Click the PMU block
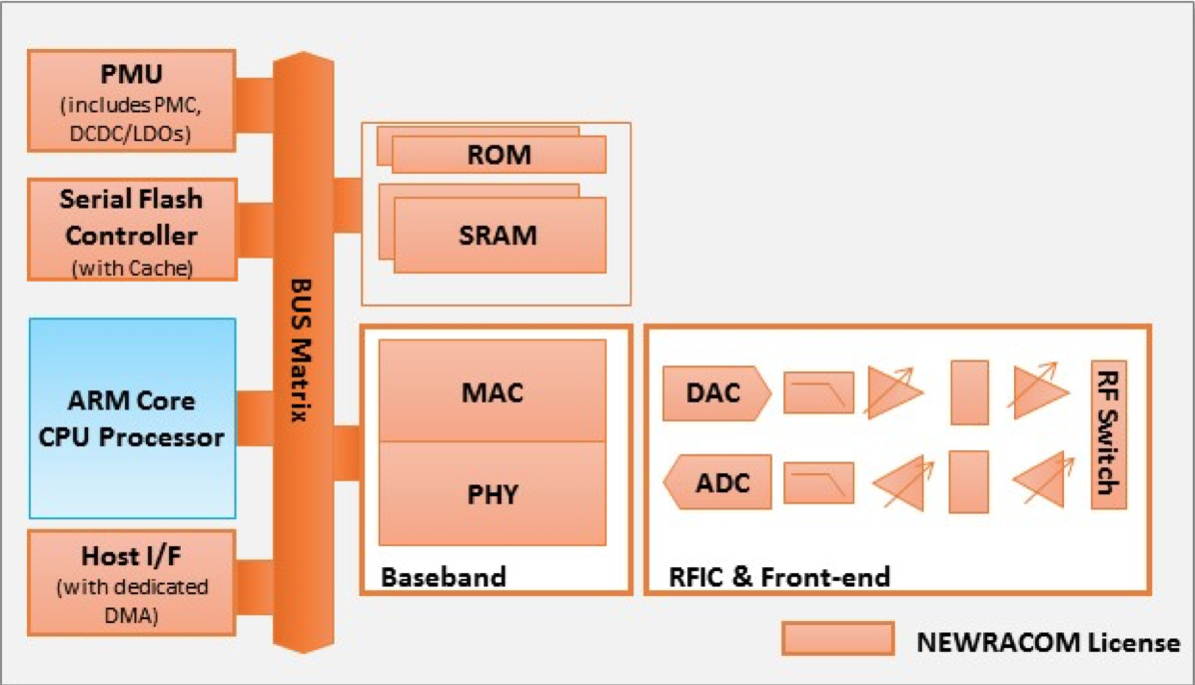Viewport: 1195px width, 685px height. click(132, 100)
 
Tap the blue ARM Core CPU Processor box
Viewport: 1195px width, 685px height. click(132, 417)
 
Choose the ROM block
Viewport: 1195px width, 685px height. click(499, 156)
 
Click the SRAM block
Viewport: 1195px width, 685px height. click(500, 235)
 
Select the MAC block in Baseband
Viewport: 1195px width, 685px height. click(493, 391)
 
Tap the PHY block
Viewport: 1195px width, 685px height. click(493, 493)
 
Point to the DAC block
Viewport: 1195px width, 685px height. click(714, 392)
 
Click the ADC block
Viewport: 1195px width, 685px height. click(720, 482)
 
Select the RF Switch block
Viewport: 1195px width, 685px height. click(1108, 434)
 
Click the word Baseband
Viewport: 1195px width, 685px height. click(443, 576)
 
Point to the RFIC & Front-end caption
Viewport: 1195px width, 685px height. click(779, 576)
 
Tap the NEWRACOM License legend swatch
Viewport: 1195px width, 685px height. click(837, 639)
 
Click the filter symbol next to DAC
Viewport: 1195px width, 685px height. click(818, 392)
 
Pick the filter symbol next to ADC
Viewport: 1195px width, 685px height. click(818, 482)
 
